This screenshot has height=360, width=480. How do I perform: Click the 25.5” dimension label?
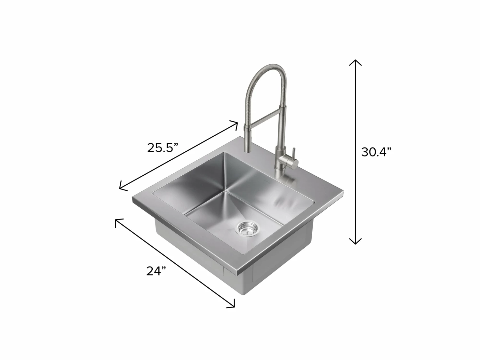click(x=163, y=148)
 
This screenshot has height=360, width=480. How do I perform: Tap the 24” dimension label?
click(x=156, y=271)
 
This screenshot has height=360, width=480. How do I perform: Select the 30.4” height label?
click(x=376, y=152)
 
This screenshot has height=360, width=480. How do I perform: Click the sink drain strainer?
click(x=247, y=229)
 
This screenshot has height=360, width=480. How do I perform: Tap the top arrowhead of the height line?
click(x=355, y=62)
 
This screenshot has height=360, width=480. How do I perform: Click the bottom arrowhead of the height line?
click(x=355, y=241)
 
